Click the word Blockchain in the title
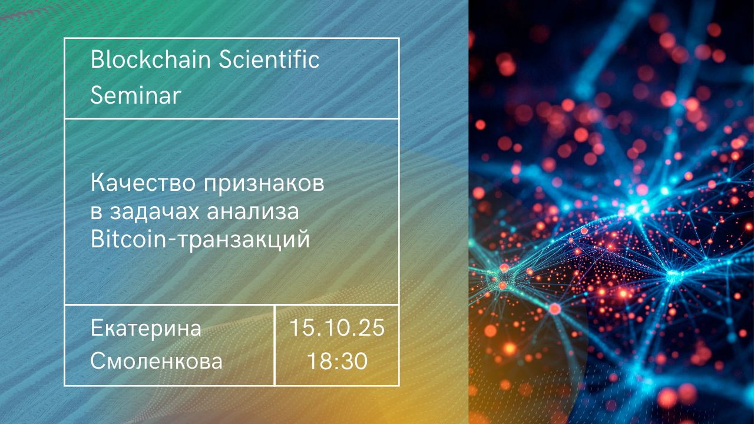click(150, 59)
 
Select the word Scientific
click(269, 59)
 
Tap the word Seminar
click(135, 95)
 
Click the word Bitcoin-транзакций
click(200, 240)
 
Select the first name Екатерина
click(145, 328)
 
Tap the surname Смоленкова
click(156, 361)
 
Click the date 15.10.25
click(336, 328)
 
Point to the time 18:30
click(338, 361)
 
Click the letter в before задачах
click(96, 213)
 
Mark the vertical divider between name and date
click(275, 345)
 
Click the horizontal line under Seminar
click(232, 118)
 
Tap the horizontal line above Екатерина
click(232, 305)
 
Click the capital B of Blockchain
click(97, 59)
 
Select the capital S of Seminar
click(97, 95)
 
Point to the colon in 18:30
click(338, 363)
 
